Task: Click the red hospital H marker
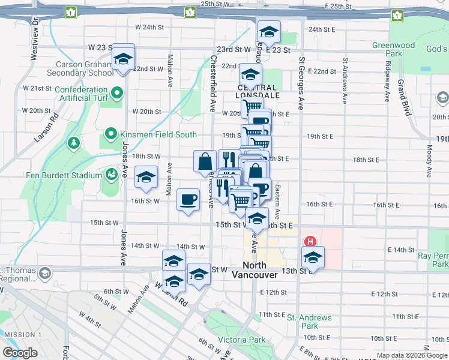(x=310, y=241)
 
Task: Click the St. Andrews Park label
(x=309, y=322)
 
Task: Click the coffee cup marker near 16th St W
(x=188, y=199)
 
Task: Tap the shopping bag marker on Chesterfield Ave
(x=205, y=161)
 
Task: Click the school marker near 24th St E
(x=269, y=32)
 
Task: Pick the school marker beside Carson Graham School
(x=124, y=59)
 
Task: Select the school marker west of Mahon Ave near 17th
(x=146, y=177)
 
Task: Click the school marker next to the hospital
(x=313, y=257)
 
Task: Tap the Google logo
(x=20, y=353)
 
